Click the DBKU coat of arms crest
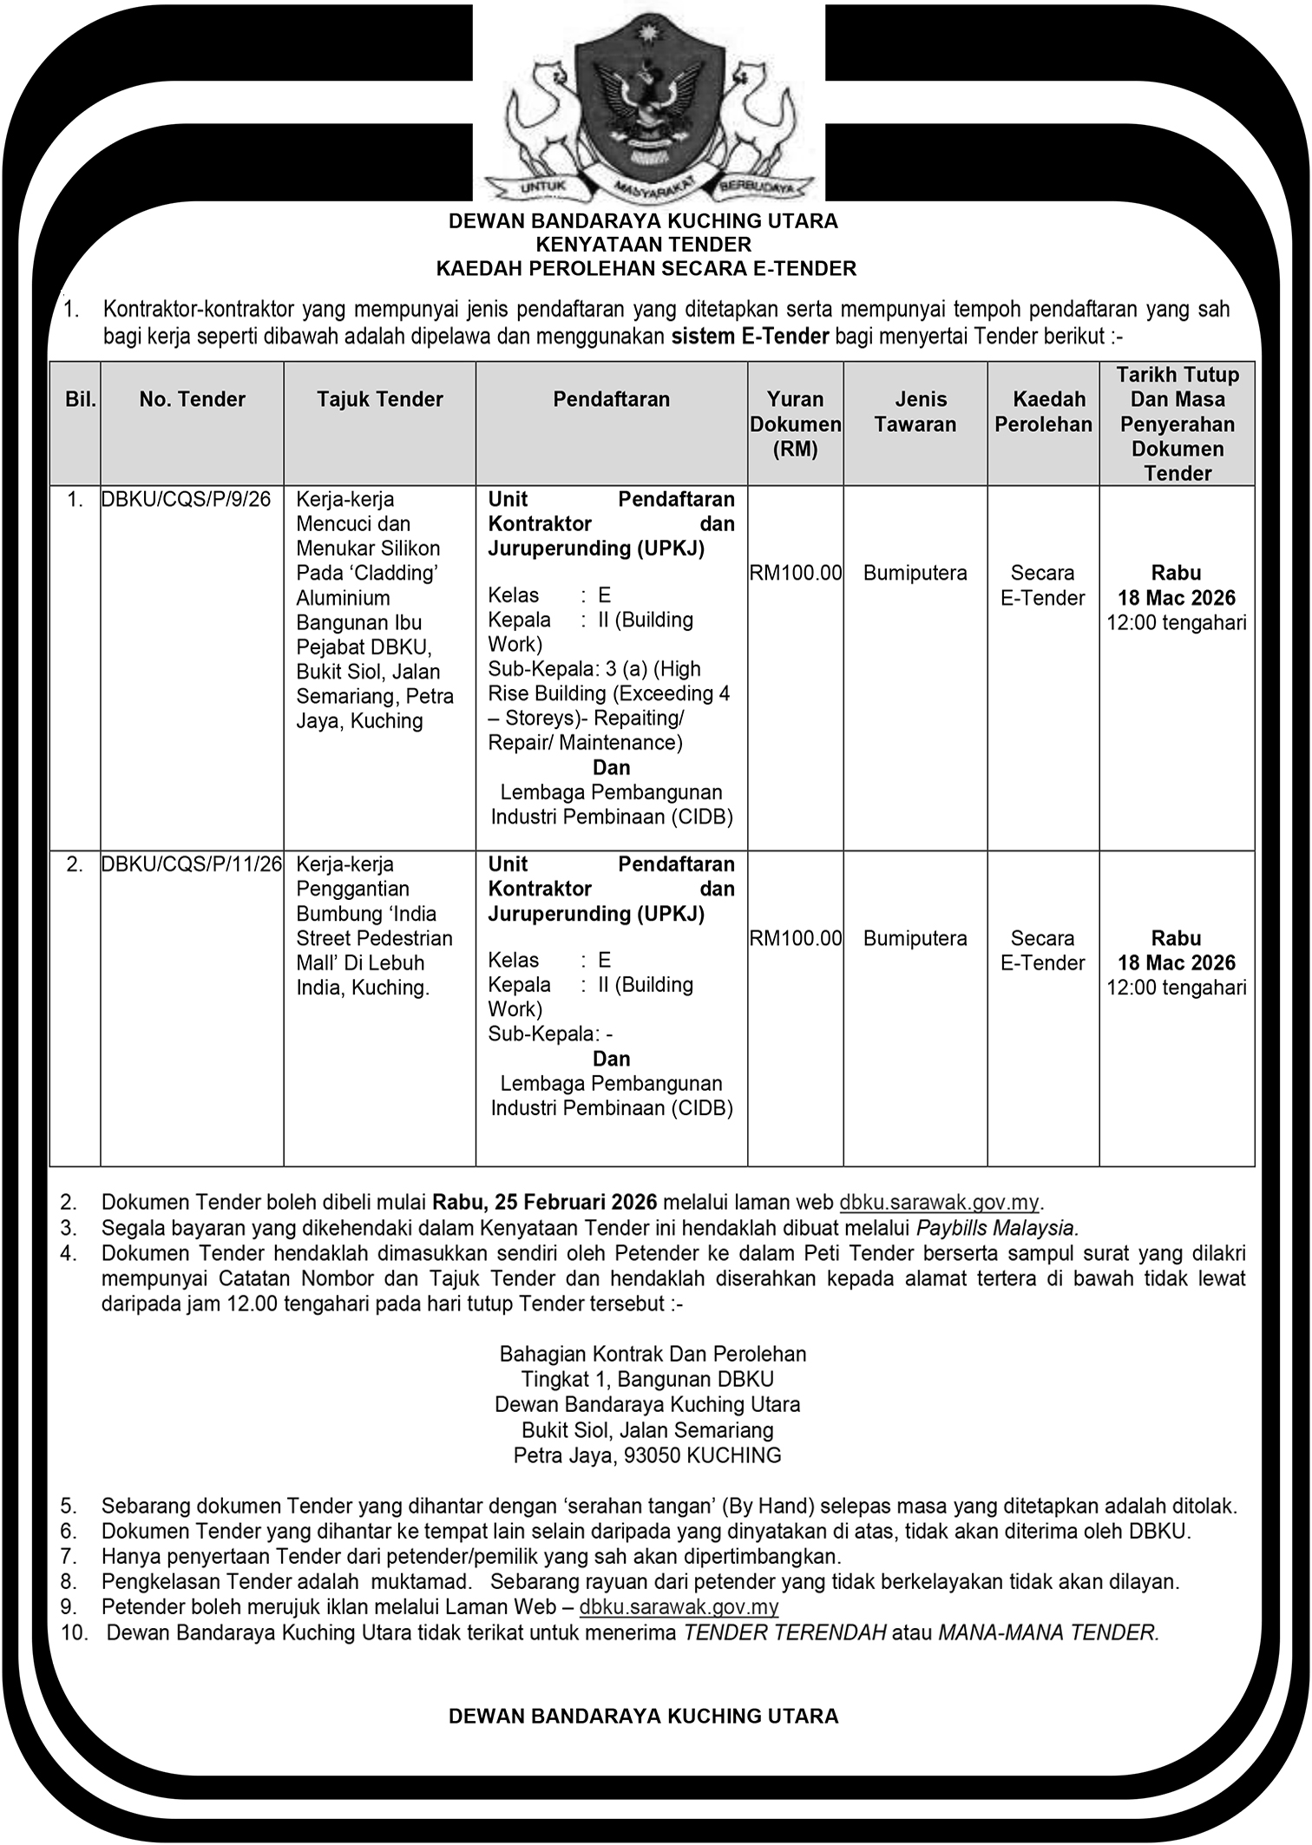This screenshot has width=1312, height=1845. point(649,104)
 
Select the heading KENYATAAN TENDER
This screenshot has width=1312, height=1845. point(643,245)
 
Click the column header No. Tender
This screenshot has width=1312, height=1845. point(192,399)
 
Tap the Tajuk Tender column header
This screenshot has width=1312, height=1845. point(379,399)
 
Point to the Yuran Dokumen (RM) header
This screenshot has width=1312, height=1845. point(795,423)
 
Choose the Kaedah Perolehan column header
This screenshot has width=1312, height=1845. point(1043,411)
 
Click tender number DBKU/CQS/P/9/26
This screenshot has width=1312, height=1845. point(187,499)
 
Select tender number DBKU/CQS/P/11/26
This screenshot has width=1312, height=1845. point(192,864)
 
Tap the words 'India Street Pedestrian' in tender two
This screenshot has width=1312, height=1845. point(374,926)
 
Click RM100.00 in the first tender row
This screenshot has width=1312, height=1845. point(796,573)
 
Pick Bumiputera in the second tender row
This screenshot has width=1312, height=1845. point(915,938)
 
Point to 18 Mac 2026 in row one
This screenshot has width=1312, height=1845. point(1176,598)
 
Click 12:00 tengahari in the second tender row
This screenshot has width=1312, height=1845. point(1176,988)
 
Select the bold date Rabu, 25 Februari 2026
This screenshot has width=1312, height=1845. point(547,1203)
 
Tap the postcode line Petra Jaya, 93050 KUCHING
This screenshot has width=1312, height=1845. point(647,1455)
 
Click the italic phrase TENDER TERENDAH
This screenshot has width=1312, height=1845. point(784,1632)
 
